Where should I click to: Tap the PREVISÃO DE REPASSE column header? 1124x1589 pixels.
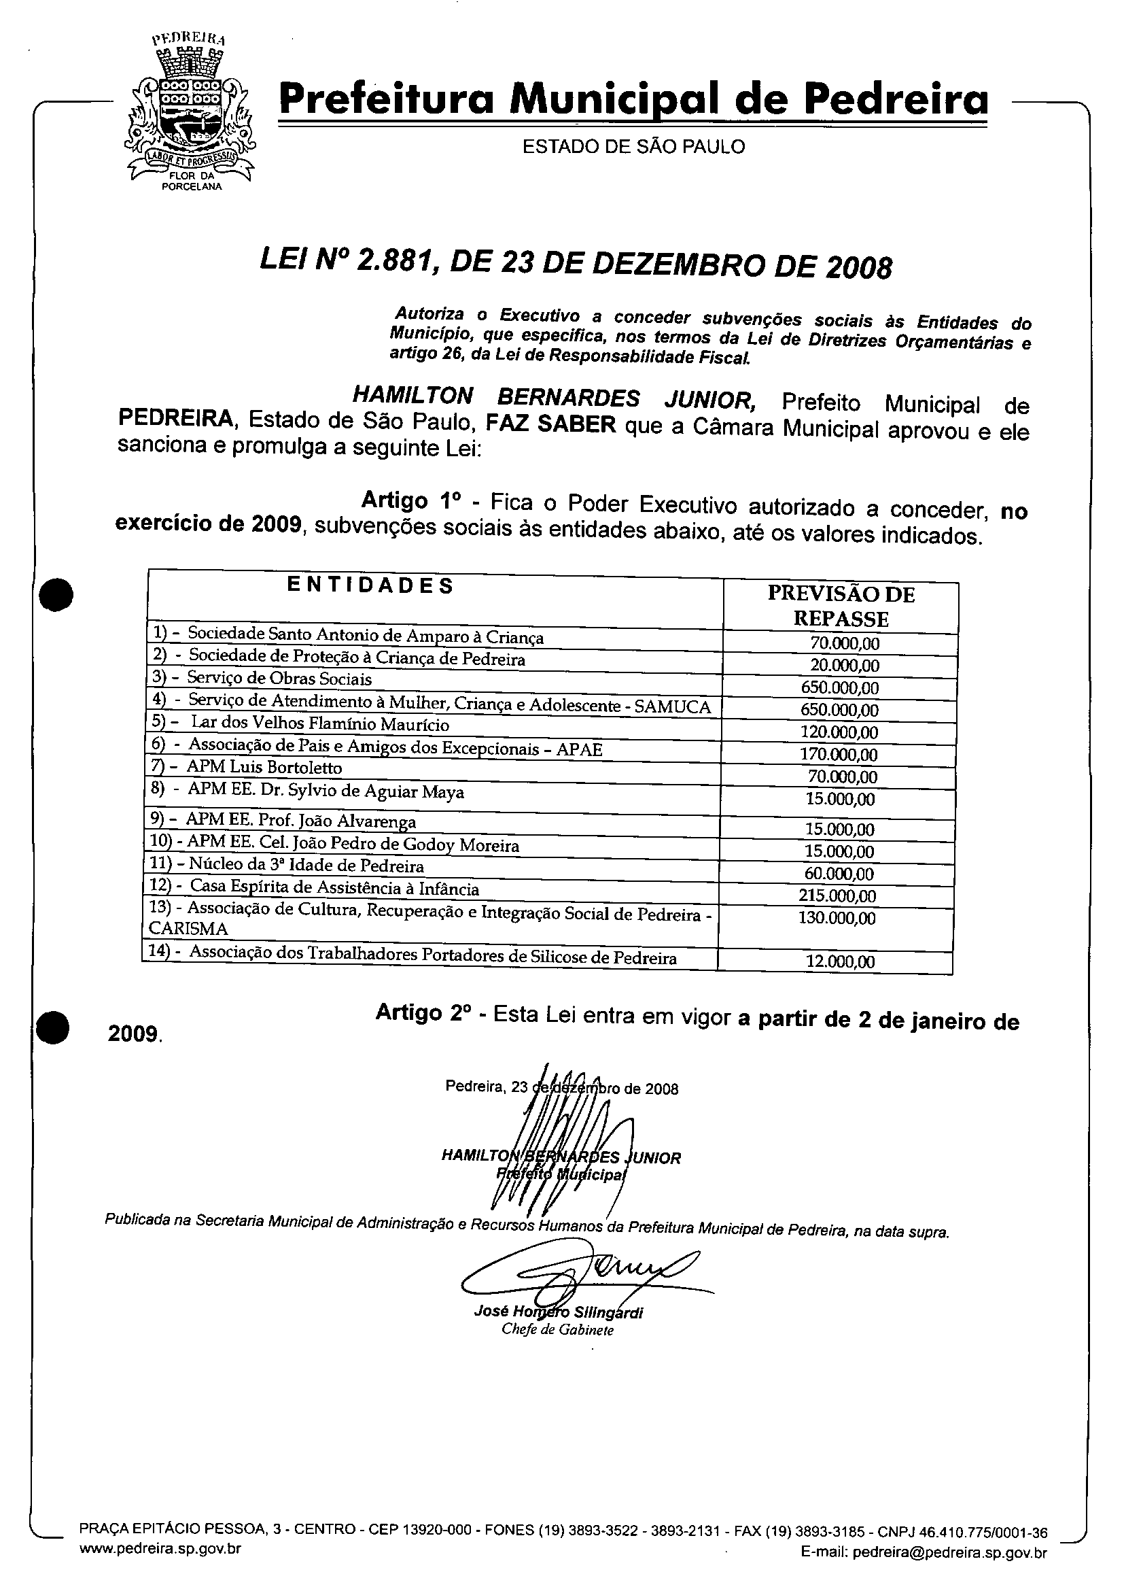point(841,606)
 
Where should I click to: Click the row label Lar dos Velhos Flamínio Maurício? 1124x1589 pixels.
point(320,724)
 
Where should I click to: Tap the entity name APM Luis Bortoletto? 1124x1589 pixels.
point(264,767)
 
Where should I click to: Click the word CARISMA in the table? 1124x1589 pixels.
point(188,928)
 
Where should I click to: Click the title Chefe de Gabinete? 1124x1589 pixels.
point(557,1330)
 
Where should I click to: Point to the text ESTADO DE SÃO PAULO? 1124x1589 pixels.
point(633,147)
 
